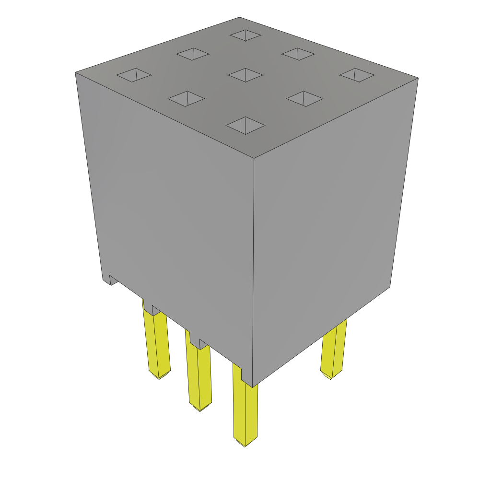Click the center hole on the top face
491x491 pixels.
(x=245, y=75)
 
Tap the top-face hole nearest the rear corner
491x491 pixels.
(x=245, y=35)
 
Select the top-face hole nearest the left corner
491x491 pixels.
(x=134, y=75)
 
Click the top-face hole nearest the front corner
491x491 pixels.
(x=245, y=126)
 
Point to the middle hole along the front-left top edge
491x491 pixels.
(x=186, y=99)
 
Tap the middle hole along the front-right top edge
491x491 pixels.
(x=304, y=99)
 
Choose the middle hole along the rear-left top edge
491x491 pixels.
(x=193, y=54)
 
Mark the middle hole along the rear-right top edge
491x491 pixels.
(x=298, y=54)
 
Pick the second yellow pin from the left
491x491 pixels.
(x=199, y=374)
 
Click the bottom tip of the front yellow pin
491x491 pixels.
(x=245, y=445)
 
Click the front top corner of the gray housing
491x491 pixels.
(x=254, y=158)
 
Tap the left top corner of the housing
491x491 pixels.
(x=76, y=73)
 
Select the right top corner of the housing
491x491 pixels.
(x=418, y=78)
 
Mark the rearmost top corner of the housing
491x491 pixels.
(x=239, y=18)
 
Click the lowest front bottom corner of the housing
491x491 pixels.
(x=252, y=386)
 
